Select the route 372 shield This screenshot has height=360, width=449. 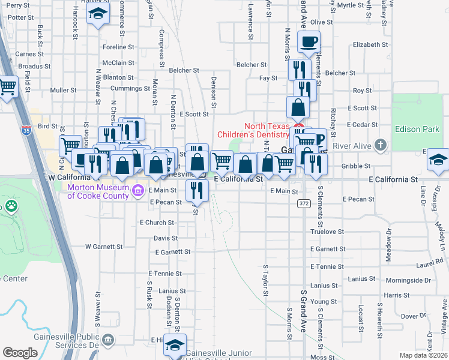304,204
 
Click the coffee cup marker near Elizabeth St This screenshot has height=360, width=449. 309,42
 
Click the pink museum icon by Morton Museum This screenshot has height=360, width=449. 139,191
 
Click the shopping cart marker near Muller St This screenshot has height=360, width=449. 8,87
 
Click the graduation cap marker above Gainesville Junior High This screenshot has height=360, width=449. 175,345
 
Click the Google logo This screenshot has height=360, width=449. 20,353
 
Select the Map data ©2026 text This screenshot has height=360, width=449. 418,355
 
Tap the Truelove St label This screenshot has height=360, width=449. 327,231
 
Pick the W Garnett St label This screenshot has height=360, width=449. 103,246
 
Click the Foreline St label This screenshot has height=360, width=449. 118,47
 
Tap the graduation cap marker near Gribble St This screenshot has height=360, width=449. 438,160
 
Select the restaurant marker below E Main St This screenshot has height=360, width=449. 196,191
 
